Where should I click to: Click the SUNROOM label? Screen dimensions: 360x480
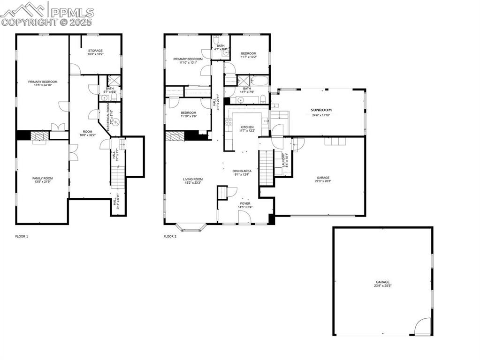click(x=318, y=110)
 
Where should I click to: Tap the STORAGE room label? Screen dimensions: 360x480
click(x=95, y=51)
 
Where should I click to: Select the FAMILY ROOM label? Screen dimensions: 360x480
click(x=42, y=178)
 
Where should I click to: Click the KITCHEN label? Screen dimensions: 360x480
click(x=247, y=127)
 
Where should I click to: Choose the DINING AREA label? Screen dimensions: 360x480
click(x=242, y=171)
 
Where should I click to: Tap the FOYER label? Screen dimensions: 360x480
click(x=245, y=203)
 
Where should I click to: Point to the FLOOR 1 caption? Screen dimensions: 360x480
click(x=22, y=237)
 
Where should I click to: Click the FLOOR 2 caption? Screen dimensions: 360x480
click(x=170, y=237)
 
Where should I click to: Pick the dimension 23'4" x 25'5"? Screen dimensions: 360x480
click(x=382, y=285)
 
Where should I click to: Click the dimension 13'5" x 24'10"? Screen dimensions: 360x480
click(x=42, y=85)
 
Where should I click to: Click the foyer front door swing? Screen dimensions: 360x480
click(x=244, y=217)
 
